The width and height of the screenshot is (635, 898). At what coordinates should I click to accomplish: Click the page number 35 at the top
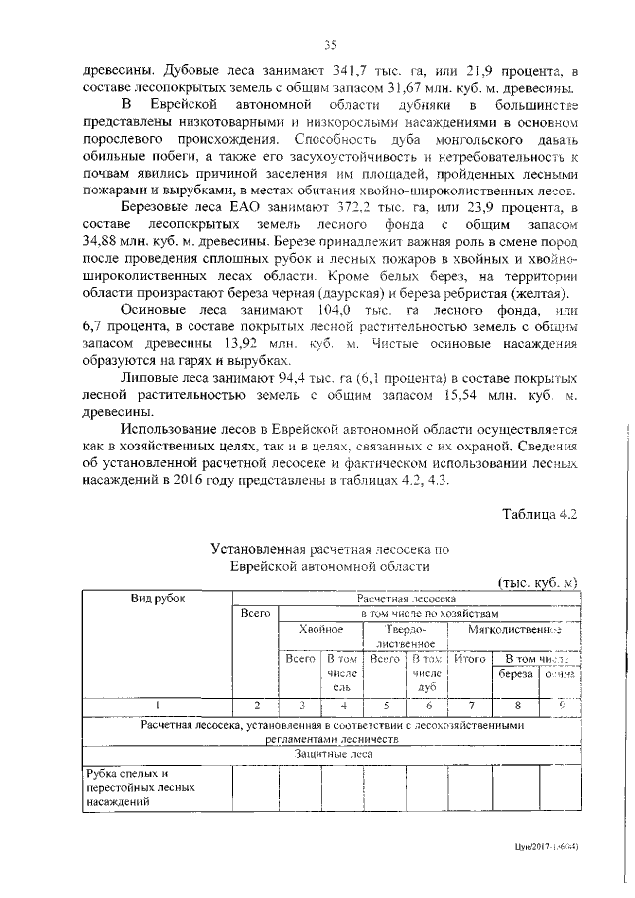tap(331, 43)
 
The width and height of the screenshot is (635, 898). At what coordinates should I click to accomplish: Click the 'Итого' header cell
tap(469, 658)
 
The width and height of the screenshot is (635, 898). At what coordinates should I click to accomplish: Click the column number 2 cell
tap(256, 706)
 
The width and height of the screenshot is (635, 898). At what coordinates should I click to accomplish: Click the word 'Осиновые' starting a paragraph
tap(155, 311)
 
